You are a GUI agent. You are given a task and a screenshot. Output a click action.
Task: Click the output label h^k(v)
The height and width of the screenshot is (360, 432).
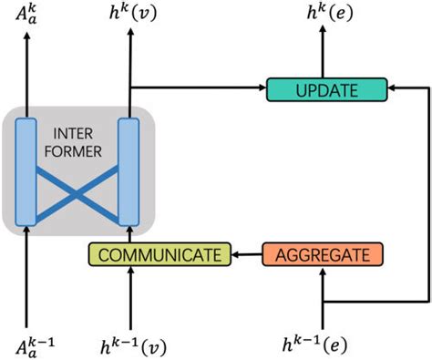pyautogui.click(x=132, y=15)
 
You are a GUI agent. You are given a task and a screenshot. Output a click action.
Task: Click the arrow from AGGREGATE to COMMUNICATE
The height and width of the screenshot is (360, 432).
pyautogui.click(x=244, y=254)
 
